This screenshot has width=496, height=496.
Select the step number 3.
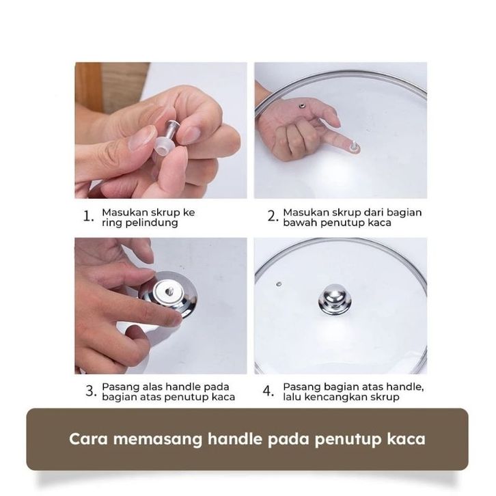tap(90, 391)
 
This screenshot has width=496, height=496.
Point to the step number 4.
tap(268, 391)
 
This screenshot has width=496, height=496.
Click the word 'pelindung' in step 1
tap(152, 223)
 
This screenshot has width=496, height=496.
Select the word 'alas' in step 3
tap(152, 387)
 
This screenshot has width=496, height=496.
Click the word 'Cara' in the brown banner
tap(88, 439)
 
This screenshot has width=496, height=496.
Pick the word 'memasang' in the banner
tap(158, 440)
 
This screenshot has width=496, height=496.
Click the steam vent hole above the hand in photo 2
tap(301, 105)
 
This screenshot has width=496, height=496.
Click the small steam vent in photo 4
tap(279, 284)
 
